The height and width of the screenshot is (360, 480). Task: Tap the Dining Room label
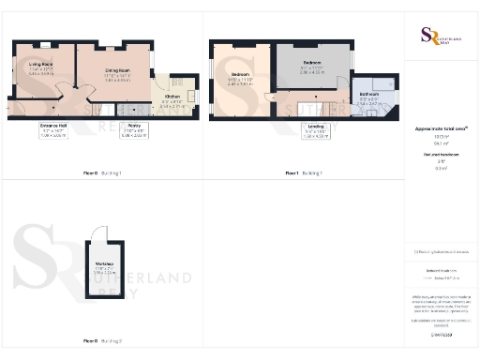(117, 72)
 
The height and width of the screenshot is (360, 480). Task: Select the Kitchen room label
(173, 97)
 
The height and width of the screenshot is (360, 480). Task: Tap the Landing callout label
(316, 132)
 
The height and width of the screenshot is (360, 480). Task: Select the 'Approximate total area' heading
(441, 128)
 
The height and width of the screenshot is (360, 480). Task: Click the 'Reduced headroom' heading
(441, 153)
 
